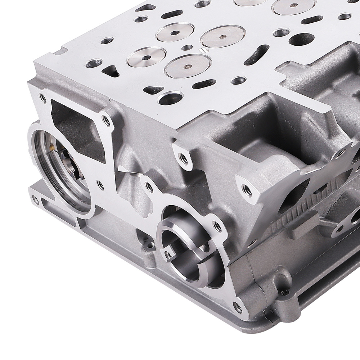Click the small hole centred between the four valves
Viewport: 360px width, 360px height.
click(186, 47)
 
